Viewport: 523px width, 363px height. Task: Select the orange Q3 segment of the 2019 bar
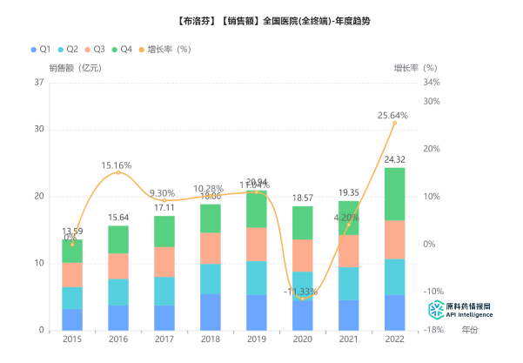click(x=256, y=244)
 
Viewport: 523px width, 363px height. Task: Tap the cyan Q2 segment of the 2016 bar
click(x=118, y=292)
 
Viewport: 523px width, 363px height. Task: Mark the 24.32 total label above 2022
click(x=394, y=159)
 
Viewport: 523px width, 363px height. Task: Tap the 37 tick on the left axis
click(x=38, y=83)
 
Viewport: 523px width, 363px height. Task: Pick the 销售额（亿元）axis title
click(x=76, y=67)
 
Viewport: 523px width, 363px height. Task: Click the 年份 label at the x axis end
click(x=470, y=330)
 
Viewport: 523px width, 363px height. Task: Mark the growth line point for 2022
click(x=394, y=123)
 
